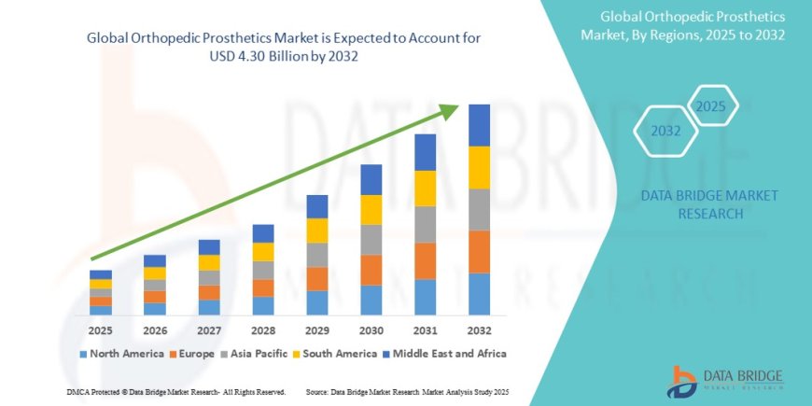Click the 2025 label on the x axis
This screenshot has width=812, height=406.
click(x=101, y=329)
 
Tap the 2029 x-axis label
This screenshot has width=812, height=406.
click(x=317, y=329)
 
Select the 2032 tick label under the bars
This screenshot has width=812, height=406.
click(x=479, y=329)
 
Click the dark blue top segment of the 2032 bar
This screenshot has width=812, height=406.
click(x=479, y=125)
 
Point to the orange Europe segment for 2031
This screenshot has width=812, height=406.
click(x=426, y=261)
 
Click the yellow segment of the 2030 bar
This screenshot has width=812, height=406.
click(x=371, y=209)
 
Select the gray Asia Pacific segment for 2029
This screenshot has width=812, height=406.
click(x=317, y=255)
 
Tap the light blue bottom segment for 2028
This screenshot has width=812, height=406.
click(x=263, y=306)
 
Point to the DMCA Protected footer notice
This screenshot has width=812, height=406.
click(x=176, y=391)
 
